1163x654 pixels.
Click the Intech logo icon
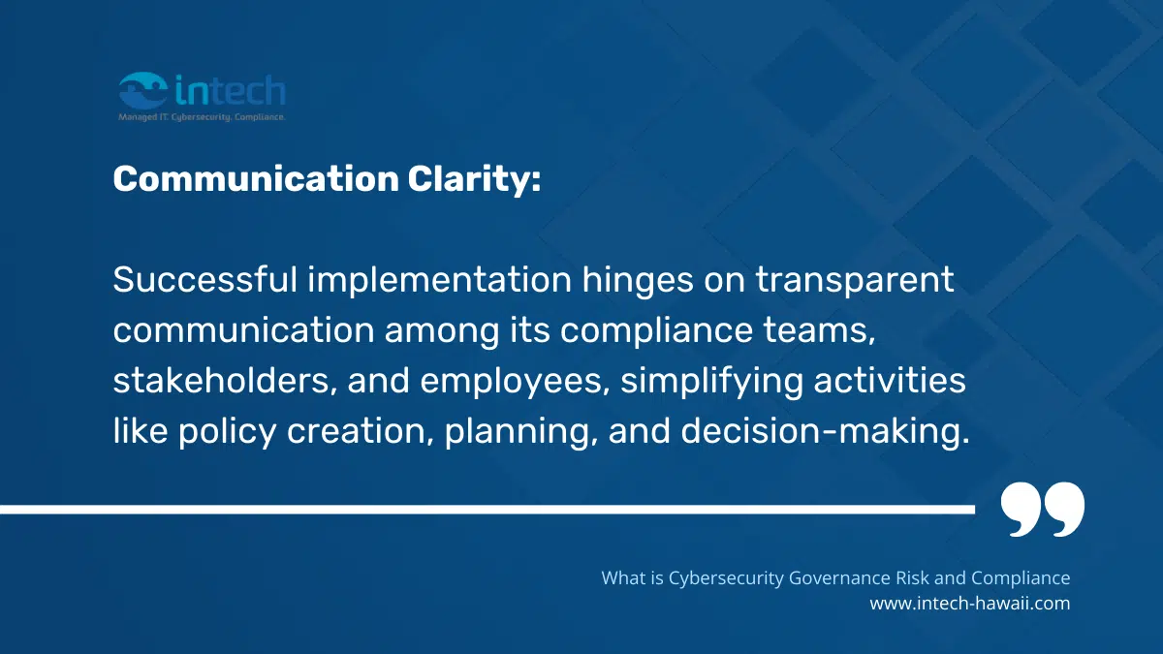[x=143, y=91]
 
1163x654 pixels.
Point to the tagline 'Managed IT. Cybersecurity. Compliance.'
[x=202, y=116]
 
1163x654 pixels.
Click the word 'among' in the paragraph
[x=442, y=331]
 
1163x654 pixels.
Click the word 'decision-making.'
[x=825, y=431]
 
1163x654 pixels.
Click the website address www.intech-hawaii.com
[x=969, y=603]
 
